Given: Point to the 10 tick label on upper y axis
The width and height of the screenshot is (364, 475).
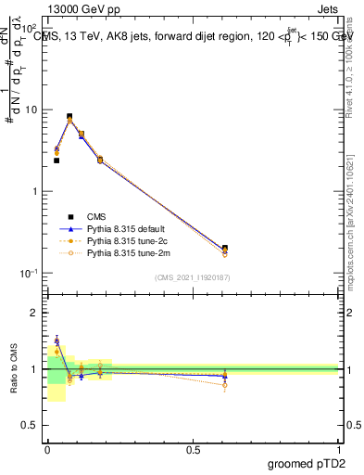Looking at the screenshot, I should coord(31,109).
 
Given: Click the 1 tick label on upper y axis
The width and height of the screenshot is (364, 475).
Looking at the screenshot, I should coord(34,191).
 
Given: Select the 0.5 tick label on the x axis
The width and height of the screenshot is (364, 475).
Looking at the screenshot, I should coord(193,448).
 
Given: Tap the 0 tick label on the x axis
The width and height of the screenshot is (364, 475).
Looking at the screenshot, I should coord(47,448).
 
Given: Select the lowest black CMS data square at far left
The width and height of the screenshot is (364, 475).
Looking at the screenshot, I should coord(56,160).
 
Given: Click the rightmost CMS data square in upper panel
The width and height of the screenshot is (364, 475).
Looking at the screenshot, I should coord(225,248).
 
